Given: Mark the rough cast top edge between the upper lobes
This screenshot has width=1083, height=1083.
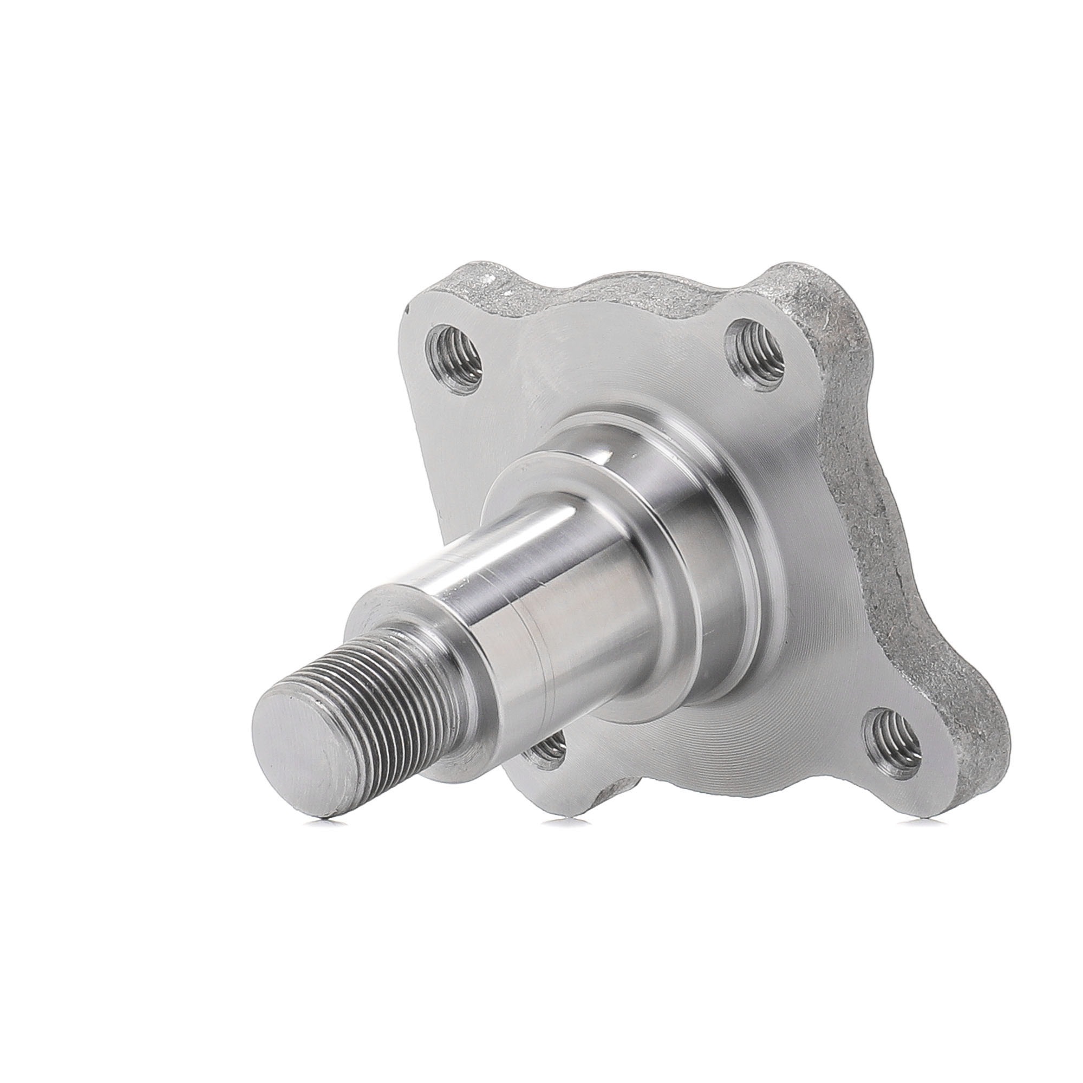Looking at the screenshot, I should point(605,291).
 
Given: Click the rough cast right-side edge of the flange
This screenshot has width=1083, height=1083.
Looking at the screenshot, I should point(875,505).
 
